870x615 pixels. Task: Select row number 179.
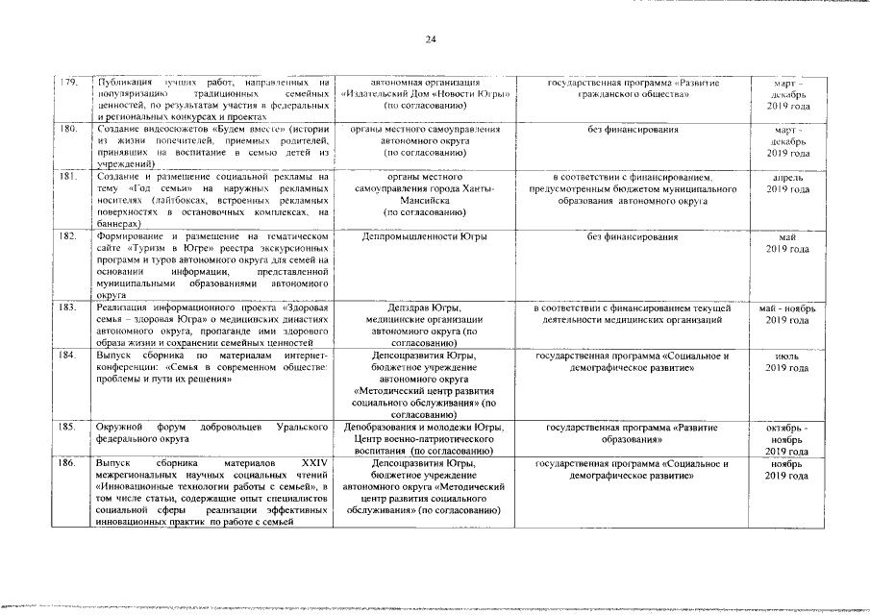pos(68,84)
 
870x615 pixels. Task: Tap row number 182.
pos(68,235)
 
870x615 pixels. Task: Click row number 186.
pos(68,464)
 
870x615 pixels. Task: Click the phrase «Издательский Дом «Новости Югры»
pos(424,94)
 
